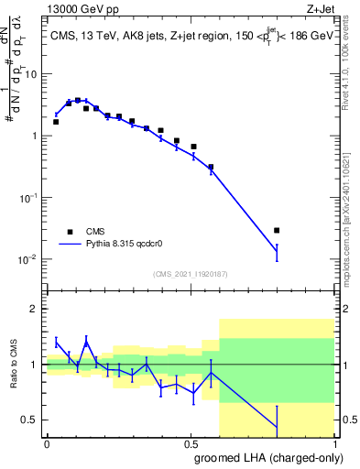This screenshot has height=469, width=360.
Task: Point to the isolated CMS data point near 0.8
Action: tap(277, 230)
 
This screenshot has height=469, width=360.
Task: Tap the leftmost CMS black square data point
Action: tap(56, 122)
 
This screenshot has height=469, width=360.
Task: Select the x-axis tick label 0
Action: tap(47, 443)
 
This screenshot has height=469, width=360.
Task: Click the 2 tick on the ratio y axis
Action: tap(37, 309)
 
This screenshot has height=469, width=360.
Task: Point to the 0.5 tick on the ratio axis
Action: tap(32, 420)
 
